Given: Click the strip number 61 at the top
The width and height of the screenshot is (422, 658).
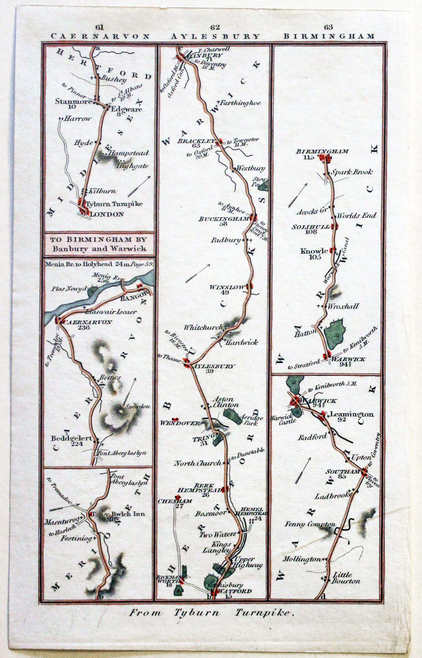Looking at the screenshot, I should point(100,27).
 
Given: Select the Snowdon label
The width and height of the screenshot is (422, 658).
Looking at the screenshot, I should point(138,406).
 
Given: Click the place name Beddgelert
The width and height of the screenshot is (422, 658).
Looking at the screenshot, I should point(71,438).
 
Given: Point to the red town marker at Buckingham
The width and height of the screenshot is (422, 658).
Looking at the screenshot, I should point(254,218).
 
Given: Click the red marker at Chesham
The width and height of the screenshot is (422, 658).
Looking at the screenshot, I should point(178,497).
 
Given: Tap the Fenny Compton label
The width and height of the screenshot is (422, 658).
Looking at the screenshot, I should point(309,524).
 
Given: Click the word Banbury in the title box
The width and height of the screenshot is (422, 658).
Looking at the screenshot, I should point(66,249).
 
